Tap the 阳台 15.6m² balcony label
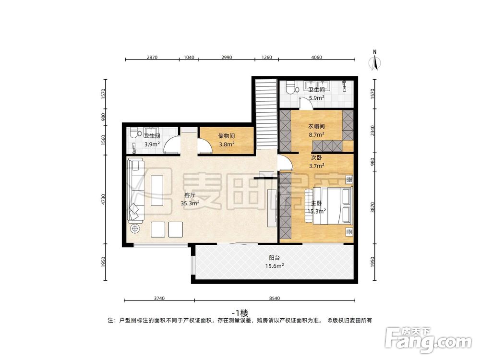coord(275,262)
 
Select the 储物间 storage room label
coord(226,139)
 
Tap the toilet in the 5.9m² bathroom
coord(289,88)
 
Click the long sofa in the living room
coord(135,191)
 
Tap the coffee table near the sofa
coord(157,191)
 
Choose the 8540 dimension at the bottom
coord(274,299)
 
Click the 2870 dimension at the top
coord(152,57)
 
